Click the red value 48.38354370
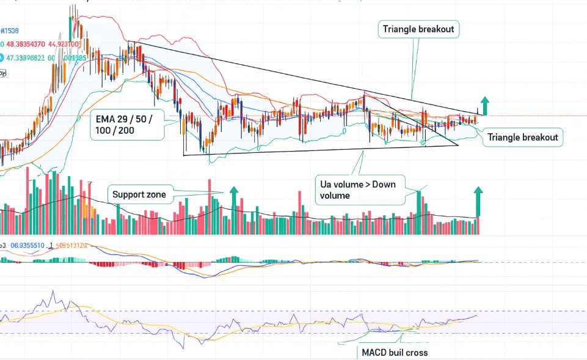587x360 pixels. [29, 44]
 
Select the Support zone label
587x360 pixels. [139, 195]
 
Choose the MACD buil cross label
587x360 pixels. [395, 353]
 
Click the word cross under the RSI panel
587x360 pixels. [416, 353]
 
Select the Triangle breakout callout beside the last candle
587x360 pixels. [522, 138]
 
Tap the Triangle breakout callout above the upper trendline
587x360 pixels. [418, 29]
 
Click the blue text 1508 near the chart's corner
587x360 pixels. [10, 31]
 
